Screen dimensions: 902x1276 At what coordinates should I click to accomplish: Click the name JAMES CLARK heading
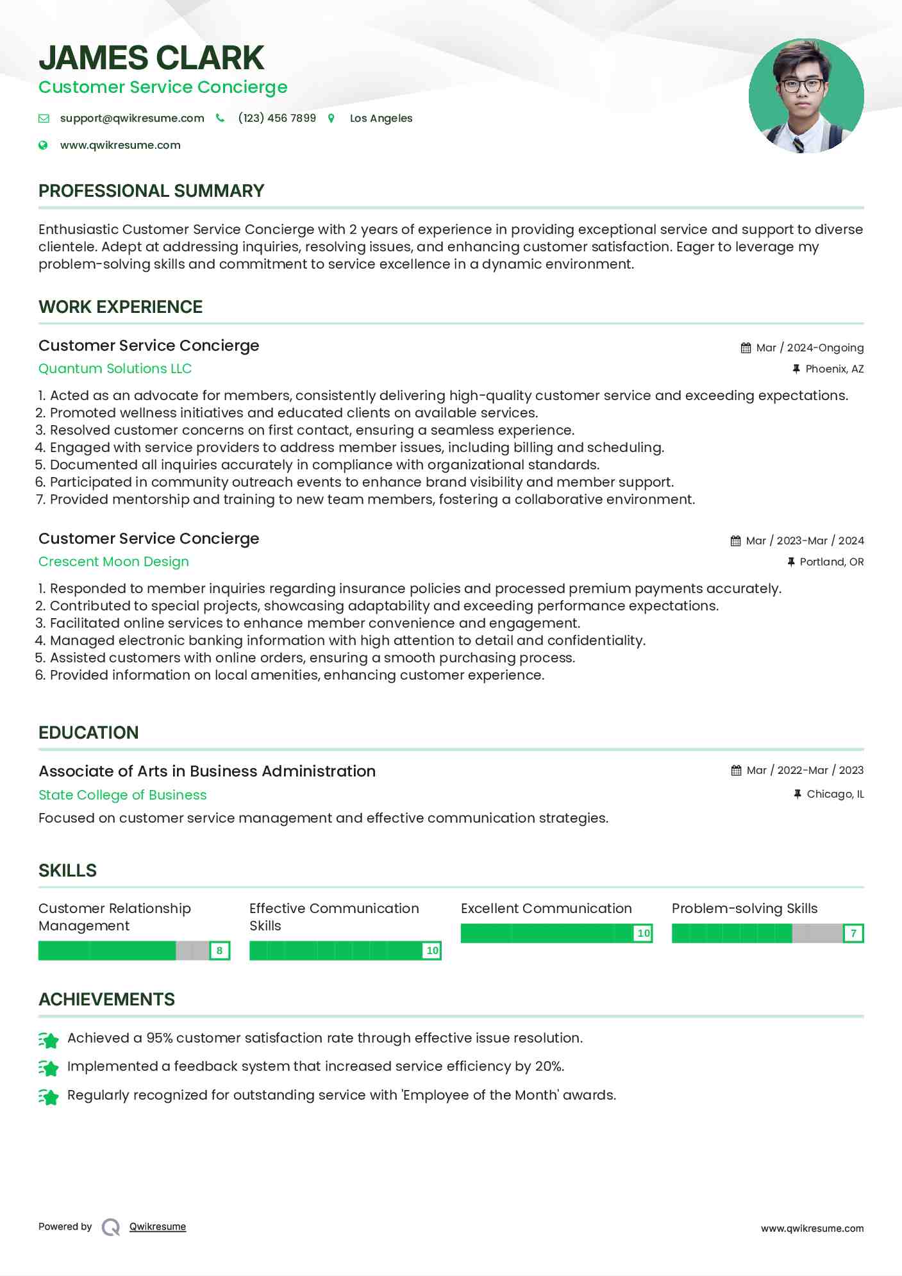151,58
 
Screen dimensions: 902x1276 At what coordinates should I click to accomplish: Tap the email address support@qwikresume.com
132,118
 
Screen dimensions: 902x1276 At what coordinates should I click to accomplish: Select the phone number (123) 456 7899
277,118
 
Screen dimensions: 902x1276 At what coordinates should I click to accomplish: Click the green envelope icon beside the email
44,118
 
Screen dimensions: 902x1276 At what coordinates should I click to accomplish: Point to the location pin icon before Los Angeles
331,118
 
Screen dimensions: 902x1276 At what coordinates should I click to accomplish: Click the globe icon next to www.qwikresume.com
43,145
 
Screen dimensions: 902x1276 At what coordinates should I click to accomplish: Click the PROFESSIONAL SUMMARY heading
151,191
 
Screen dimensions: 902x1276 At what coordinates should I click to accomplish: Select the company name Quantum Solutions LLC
115,369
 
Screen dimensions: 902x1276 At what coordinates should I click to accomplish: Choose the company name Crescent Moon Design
113,562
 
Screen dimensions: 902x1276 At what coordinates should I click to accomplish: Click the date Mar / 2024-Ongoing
810,348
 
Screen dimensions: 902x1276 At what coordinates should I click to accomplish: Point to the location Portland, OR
831,562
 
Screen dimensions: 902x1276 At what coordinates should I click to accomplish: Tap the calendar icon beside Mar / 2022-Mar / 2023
736,770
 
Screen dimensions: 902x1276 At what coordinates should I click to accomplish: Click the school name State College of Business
122,795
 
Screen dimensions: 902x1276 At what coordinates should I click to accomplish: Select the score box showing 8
219,950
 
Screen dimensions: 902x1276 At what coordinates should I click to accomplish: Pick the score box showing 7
853,933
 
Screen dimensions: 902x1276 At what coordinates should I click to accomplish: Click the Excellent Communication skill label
546,909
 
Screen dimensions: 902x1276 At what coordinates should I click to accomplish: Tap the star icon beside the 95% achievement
49,1039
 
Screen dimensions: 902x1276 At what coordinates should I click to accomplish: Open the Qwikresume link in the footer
158,1227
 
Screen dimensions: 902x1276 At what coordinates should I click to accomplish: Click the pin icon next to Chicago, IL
798,794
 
